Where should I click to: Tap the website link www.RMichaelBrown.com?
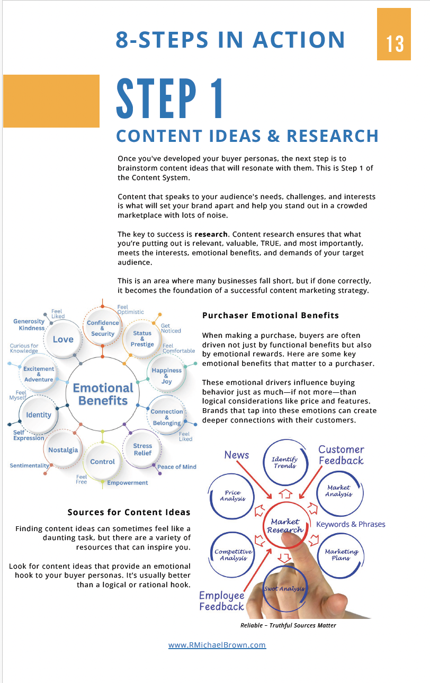[217, 645]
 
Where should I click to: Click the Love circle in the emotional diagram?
[63, 339]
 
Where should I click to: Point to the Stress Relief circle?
[142, 450]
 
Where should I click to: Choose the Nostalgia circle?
[63, 450]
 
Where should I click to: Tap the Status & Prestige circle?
[142, 339]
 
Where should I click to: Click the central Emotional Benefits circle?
[103, 394]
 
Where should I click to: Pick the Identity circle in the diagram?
[39, 415]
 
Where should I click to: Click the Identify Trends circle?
[284, 463]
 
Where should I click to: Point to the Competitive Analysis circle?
[233, 554]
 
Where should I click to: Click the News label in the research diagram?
[237, 455]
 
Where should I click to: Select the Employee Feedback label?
[221, 601]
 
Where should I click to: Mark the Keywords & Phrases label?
[351, 524]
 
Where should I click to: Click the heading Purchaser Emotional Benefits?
[271, 316]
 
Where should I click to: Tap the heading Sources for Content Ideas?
[129, 512]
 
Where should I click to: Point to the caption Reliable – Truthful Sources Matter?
[288, 625]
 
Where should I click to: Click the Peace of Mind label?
[177, 467]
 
